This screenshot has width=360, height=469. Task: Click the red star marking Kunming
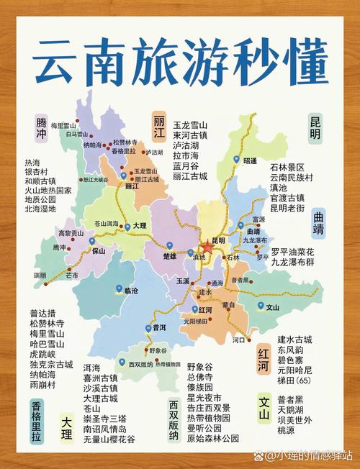click(x=207, y=247)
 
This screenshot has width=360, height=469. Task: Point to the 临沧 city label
click(x=130, y=291)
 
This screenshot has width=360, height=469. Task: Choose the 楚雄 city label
click(x=169, y=255)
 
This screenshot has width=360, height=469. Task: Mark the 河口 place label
click(x=239, y=338)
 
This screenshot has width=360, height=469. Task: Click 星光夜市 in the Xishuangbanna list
click(x=204, y=398)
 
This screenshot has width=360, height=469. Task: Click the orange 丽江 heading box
click(x=159, y=127)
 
